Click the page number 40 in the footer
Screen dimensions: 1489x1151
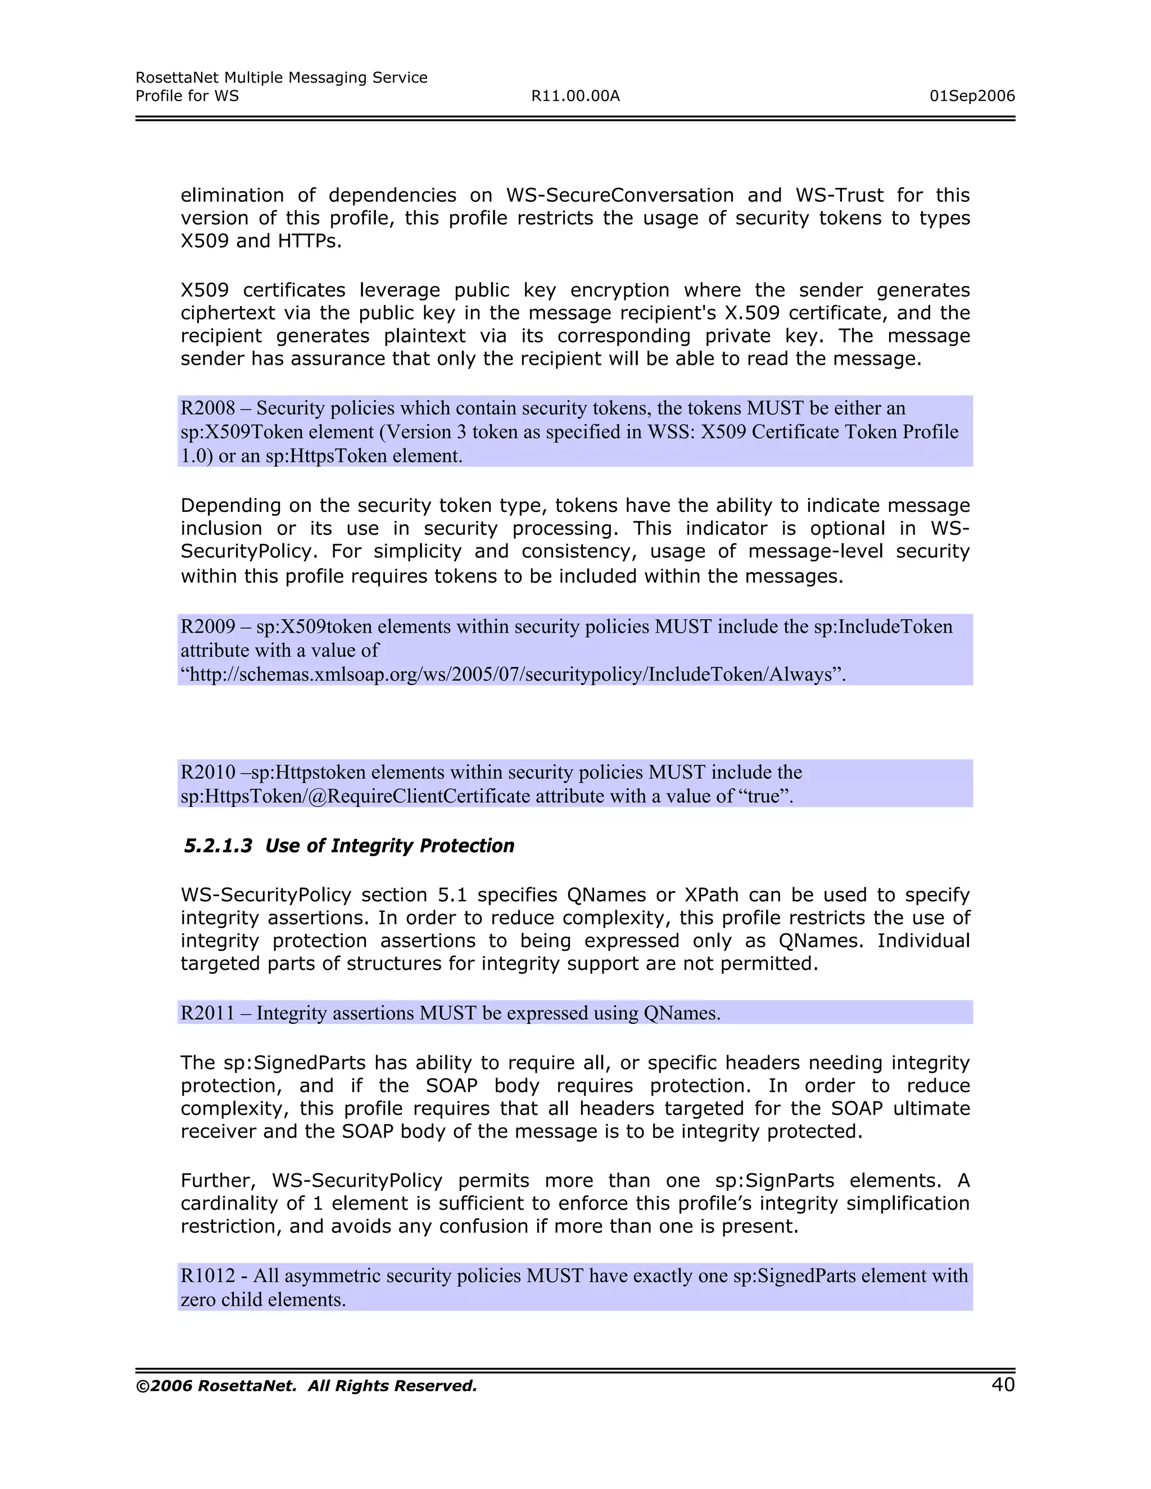pyautogui.click(x=1003, y=1384)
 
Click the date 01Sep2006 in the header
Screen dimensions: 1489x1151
pyautogui.click(x=972, y=96)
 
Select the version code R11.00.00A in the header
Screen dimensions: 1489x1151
pyautogui.click(x=575, y=96)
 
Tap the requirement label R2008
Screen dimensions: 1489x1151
pyautogui.click(x=207, y=408)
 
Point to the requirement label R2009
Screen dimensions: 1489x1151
pyautogui.click(x=207, y=627)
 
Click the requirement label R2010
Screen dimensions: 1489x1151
pyautogui.click(x=207, y=773)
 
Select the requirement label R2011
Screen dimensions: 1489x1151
pyautogui.click(x=207, y=1013)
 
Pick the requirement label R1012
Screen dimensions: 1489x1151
pyautogui.click(x=207, y=1275)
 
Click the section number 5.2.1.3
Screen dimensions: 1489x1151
pyautogui.click(x=218, y=846)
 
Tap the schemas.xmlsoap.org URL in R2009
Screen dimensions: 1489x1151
pyautogui.click(x=513, y=674)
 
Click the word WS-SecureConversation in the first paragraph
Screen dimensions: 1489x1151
pyautogui.click(x=619, y=196)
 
